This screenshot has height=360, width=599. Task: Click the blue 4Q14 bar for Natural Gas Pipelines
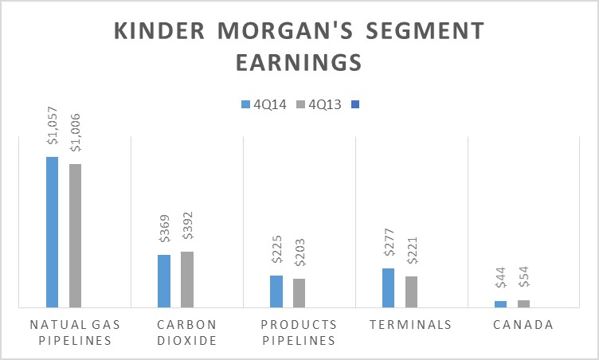pyautogui.click(x=52, y=232)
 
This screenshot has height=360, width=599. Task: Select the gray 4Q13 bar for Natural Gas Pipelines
pyautogui.click(x=75, y=235)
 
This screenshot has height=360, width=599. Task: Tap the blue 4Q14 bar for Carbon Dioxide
pyautogui.click(x=164, y=280)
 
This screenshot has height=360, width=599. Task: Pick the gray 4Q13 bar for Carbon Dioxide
pyautogui.click(x=186, y=279)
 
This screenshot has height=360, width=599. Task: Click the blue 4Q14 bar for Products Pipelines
pyautogui.click(x=276, y=291)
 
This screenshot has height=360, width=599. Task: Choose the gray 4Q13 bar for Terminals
pyautogui.click(x=411, y=292)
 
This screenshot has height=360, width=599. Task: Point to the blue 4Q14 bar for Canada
pyautogui.click(x=500, y=303)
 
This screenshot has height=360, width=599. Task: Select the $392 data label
pyautogui.click(x=187, y=229)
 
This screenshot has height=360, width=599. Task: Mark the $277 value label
pyautogui.click(x=389, y=247)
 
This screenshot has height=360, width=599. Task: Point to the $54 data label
pyautogui.click(x=523, y=282)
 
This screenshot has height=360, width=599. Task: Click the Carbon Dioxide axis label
pyautogui.click(x=186, y=332)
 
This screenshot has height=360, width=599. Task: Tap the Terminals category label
pyautogui.click(x=411, y=325)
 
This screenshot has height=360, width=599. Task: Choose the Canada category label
pyautogui.click(x=523, y=325)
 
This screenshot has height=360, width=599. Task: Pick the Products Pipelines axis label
pyautogui.click(x=299, y=332)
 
